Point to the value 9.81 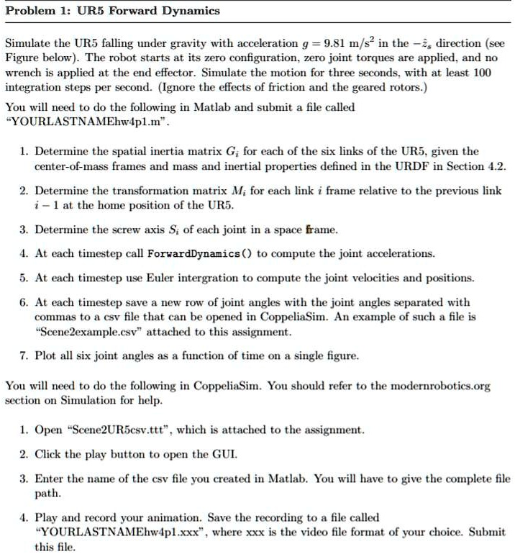339,43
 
